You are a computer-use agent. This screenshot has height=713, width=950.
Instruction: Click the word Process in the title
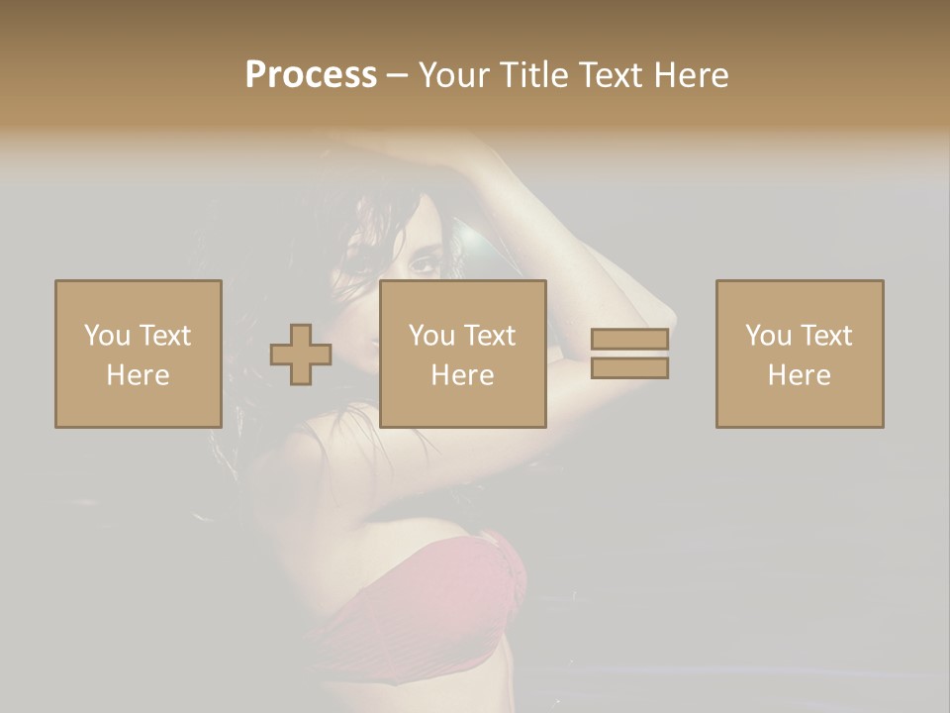coord(311,74)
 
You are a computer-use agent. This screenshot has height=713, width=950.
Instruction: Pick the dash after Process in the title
coord(398,76)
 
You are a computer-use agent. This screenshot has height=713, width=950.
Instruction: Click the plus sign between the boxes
coord(301,355)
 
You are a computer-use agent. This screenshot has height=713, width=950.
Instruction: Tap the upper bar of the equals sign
coord(629,340)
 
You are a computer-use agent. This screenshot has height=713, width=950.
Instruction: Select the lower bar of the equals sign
coord(629,368)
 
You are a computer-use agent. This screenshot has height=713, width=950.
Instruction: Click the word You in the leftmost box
coord(107,336)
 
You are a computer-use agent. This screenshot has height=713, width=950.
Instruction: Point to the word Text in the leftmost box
coord(164,336)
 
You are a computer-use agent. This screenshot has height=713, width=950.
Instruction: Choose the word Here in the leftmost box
coord(138,375)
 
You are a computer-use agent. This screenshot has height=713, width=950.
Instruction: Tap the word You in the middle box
coord(431,336)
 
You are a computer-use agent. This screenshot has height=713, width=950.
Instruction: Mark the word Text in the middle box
coord(489,336)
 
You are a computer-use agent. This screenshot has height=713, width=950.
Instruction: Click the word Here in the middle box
coord(462,375)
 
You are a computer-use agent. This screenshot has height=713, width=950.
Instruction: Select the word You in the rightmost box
coord(768,336)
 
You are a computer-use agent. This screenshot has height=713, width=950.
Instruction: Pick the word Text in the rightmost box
coord(825,336)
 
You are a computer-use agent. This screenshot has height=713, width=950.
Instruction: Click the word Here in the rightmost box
coord(799,375)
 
